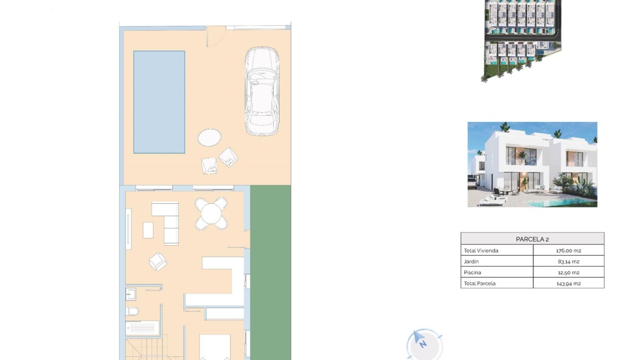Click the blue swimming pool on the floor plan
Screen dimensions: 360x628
159,102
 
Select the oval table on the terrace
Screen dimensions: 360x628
209,138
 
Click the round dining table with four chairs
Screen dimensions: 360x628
211,214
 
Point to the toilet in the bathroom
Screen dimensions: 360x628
132,311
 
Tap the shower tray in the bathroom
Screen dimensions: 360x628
142,328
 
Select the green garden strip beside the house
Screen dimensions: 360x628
270,271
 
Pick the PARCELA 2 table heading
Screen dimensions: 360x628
532,239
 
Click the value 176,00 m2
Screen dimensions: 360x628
568,250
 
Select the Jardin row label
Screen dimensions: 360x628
471,261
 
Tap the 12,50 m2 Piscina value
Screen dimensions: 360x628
568,272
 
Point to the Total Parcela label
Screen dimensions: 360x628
479,283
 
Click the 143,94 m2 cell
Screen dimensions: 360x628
568,283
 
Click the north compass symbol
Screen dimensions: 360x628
421,341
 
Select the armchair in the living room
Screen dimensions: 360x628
158,261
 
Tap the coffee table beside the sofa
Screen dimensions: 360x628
148,230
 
